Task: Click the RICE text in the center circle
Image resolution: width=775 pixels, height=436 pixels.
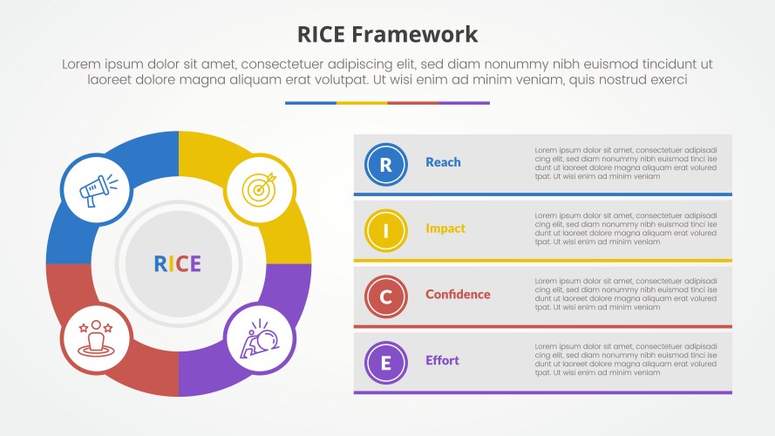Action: coord(178,264)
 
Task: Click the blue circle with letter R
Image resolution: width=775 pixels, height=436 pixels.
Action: coord(386,163)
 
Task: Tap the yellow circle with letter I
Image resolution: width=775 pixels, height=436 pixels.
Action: coord(386,229)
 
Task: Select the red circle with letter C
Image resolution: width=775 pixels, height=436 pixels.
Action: coord(386,296)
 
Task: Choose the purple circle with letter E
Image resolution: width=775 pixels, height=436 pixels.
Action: coord(386,362)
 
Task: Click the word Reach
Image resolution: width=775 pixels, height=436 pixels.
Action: coord(443,162)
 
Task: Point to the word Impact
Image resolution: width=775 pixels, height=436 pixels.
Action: coord(445,228)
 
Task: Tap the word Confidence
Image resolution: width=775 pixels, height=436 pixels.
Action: coord(458,295)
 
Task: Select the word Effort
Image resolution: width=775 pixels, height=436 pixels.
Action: coord(442,361)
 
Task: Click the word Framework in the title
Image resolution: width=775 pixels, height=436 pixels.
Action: coord(416,34)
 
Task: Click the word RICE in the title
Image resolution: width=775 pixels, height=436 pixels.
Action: coord(323,34)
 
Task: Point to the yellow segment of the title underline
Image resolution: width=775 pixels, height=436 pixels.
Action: coord(362,103)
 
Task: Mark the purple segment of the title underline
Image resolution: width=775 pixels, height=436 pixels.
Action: coord(464,103)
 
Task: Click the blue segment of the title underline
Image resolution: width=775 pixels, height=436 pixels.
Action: coord(310,103)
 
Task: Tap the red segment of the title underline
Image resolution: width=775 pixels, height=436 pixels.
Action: coord(412,103)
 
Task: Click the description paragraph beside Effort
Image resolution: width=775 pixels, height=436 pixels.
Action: coord(626,360)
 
